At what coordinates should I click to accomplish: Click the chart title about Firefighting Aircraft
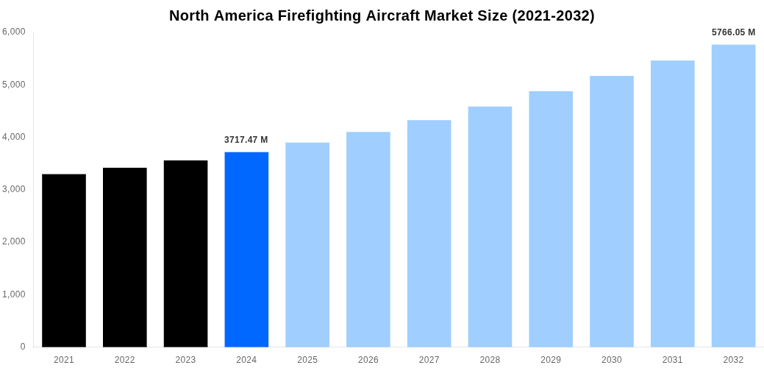(x=382, y=15)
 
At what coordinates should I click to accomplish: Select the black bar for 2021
(x=64, y=261)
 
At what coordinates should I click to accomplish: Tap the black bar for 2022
(x=125, y=258)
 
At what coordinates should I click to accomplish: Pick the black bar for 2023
(x=185, y=254)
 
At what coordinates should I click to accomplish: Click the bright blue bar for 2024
(x=246, y=250)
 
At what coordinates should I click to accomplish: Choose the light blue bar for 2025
(x=307, y=245)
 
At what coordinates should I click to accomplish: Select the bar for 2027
(x=429, y=233)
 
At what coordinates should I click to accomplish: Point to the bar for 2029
(x=551, y=219)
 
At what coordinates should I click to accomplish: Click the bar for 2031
(x=672, y=204)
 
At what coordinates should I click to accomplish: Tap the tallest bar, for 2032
(x=733, y=196)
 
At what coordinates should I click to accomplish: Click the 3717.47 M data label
(x=246, y=140)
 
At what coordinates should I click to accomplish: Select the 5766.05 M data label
(x=733, y=32)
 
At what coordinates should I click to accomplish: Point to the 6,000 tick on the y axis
(x=14, y=32)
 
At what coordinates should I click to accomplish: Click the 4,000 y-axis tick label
(x=14, y=137)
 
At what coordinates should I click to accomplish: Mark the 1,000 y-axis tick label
(x=14, y=294)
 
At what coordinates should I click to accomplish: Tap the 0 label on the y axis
(x=23, y=347)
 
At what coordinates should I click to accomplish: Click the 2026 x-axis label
(x=368, y=360)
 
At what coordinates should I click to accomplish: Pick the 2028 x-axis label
(x=490, y=360)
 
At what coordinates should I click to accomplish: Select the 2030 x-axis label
(x=612, y=360)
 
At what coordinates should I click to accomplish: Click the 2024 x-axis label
(x=246, y=360)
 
